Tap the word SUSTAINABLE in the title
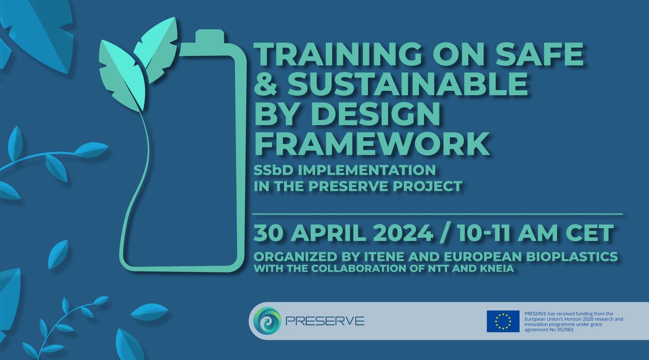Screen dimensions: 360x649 tap(407, 84)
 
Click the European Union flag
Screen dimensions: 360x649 tap(503, 321)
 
